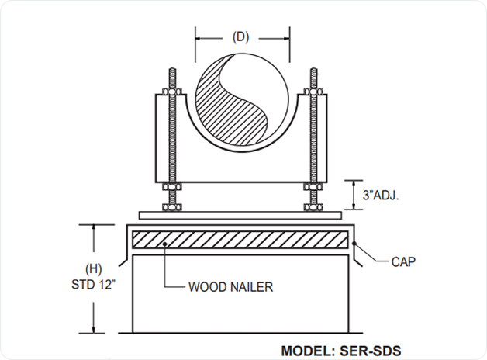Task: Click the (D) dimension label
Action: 242,36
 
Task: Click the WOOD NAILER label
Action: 230,286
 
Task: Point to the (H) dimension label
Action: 93,269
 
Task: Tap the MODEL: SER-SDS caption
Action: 340,351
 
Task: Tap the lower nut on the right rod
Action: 315,206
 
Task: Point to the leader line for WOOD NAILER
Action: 166,268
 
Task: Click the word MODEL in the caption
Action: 305,351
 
